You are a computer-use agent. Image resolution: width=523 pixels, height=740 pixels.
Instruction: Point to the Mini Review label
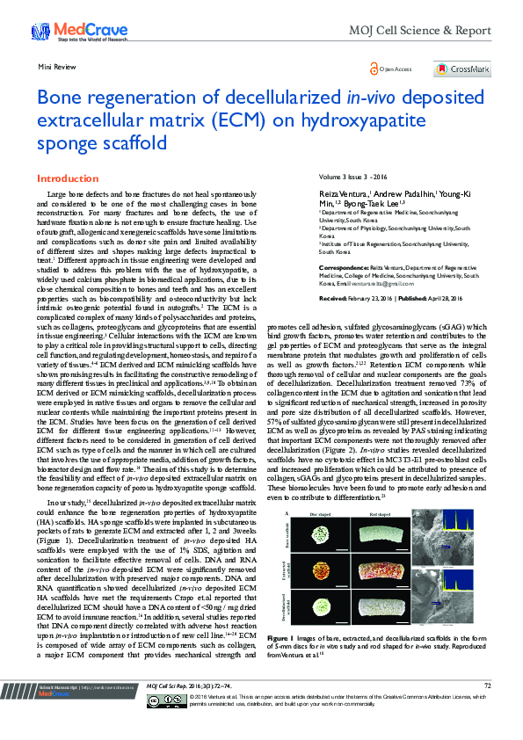(x=54, y=67)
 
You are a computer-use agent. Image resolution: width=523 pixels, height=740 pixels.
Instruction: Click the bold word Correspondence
(x=342, y=265)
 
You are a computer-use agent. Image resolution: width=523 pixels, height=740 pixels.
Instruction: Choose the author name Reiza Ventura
(x=343, y=192)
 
